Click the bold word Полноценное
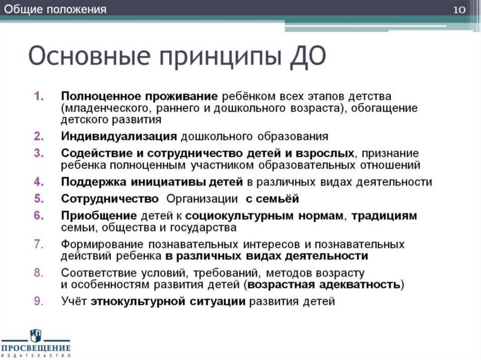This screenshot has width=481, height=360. click(96, 96)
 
